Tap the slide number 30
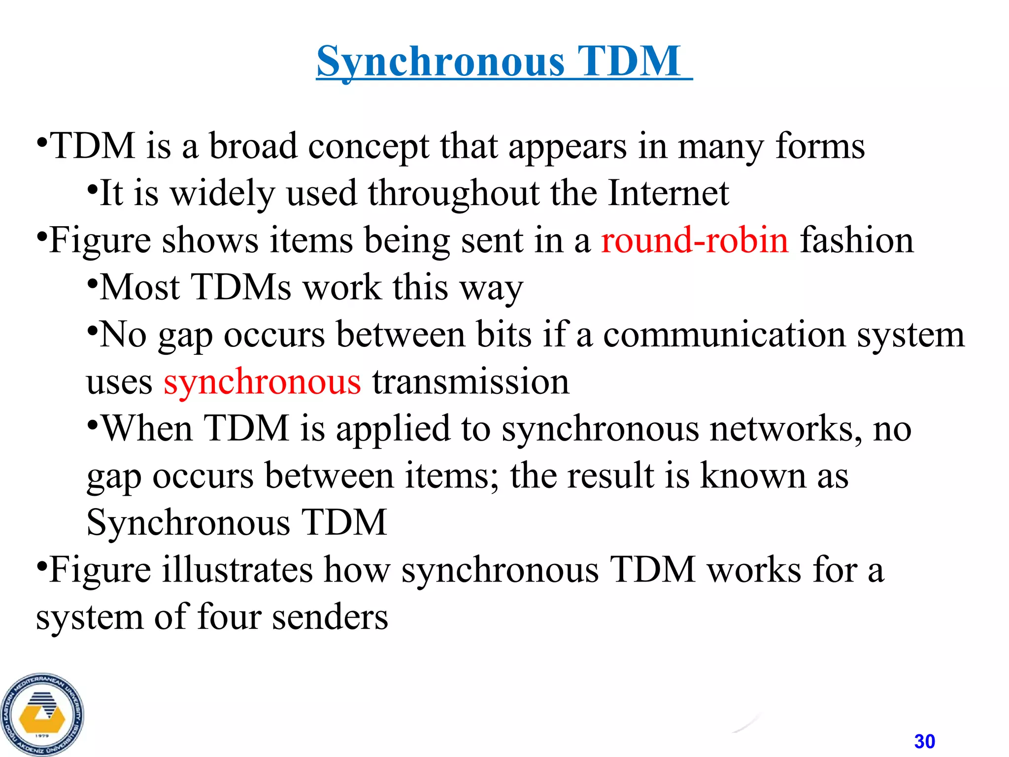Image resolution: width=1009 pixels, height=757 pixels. click(x=924, y=741)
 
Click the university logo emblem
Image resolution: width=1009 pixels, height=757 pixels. click(x=42, y=715)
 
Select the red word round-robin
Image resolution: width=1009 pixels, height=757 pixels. click(x=695, y=240)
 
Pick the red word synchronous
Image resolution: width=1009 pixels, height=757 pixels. click(x=262, y=381)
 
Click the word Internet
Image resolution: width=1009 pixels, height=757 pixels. click(x=668, y=193)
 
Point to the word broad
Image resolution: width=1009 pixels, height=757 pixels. click(x=253, y=146)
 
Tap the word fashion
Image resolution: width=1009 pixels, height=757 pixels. click(x=857, y=240)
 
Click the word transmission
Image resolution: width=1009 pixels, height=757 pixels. click(x=471, y=381)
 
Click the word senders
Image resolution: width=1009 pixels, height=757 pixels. click(x=330, y=617)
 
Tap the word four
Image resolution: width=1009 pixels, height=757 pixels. click(x=229, y=617)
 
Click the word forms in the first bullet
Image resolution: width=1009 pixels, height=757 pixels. click(x=820, y=146)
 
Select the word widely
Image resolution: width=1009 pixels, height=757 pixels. click(x=223, y=193)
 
